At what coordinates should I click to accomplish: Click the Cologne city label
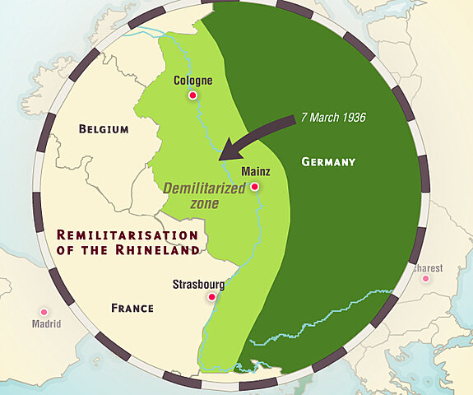193,81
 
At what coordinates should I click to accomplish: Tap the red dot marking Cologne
193,96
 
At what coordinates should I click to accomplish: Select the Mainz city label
255,172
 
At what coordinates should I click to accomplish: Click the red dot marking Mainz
255,187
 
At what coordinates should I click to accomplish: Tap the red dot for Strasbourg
211,297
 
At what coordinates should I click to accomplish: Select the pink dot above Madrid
44,312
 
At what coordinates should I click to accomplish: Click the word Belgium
103,129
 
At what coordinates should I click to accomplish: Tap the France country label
132,308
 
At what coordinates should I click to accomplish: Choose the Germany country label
328,162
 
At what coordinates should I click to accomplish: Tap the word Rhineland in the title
159,250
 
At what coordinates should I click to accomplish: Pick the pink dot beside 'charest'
425,278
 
